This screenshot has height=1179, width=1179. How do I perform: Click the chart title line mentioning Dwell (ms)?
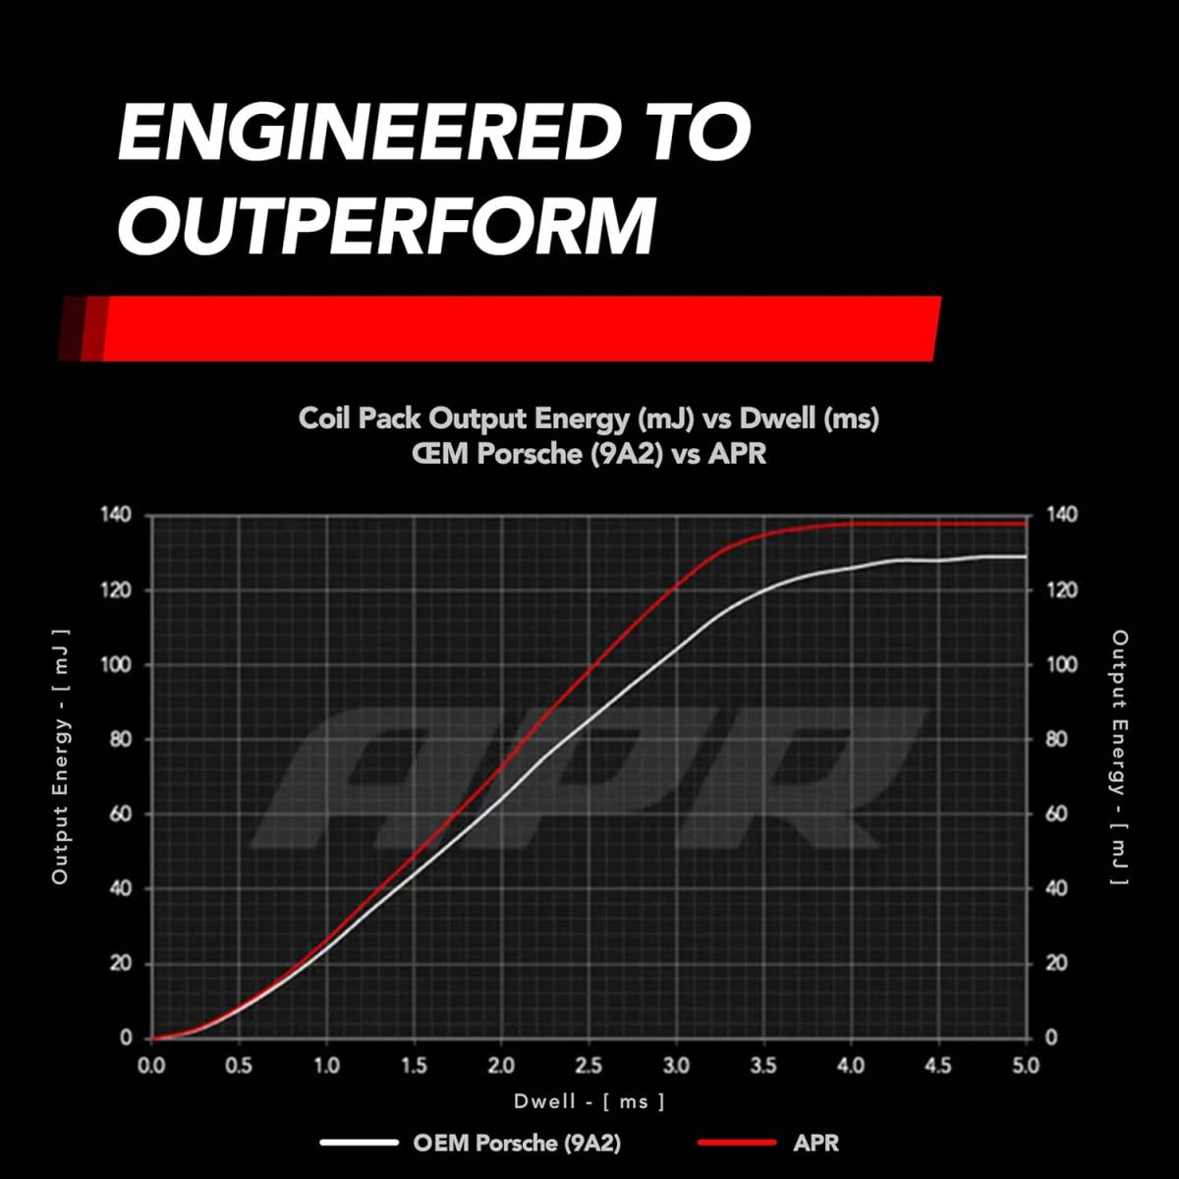click(589, 419)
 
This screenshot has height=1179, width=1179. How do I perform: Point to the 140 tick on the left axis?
click(115, 515)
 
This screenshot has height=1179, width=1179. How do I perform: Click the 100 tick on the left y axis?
click(115, 664)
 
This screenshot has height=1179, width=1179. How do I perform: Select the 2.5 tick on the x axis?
click(589, 1066)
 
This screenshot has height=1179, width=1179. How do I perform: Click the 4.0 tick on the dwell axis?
click(851, 1066)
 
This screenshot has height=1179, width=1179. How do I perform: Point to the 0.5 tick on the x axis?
click(239, 1066)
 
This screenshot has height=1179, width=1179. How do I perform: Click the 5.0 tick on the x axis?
click(1025, 1066)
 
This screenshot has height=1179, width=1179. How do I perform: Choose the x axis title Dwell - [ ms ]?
click(589, 1101)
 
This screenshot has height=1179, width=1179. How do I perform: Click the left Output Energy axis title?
click(61, 757)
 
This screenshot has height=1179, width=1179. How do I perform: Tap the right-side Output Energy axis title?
click(1119, 757)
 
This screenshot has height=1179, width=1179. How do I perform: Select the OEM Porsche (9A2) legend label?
click(517, 1143)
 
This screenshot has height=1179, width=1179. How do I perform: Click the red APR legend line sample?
click(737, 1143)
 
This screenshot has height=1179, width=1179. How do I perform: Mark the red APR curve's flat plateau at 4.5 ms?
click(938, 524)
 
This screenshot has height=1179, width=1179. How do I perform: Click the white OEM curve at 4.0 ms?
click(851, 567)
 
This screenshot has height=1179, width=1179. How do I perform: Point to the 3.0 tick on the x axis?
click(676, 1066)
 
